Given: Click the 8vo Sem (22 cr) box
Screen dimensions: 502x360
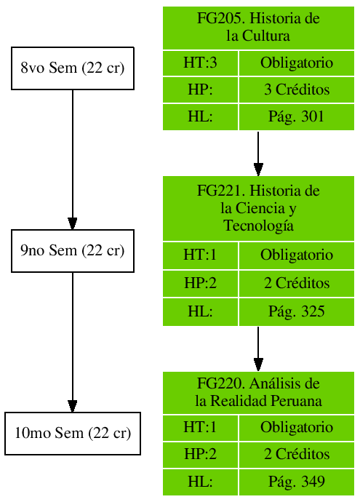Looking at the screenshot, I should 73,69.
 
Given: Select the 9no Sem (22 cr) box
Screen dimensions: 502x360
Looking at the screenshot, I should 73,251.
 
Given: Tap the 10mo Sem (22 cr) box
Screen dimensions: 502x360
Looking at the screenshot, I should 73,434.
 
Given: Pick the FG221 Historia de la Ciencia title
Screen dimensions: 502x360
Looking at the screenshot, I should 258,207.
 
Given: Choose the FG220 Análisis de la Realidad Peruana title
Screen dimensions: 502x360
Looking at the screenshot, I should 258,392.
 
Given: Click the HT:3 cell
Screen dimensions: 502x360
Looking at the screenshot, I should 200,63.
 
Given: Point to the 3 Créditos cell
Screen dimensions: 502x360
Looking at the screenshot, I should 297,90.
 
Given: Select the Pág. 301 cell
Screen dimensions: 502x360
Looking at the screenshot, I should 297,117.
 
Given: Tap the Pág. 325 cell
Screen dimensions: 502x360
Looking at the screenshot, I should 297,312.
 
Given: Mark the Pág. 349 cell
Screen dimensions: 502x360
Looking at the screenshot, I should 297,482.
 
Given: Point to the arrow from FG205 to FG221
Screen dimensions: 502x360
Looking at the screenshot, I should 258,154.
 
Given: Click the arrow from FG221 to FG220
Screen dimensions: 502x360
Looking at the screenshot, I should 258,348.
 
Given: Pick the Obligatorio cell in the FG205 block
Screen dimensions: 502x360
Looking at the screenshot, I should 297,63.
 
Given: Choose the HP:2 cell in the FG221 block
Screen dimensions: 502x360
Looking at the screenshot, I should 200,284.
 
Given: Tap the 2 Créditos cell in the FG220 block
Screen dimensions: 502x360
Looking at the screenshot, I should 297,455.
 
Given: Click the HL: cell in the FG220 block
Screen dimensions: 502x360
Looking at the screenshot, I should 200,482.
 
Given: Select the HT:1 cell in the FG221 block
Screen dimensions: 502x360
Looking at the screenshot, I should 200,255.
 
